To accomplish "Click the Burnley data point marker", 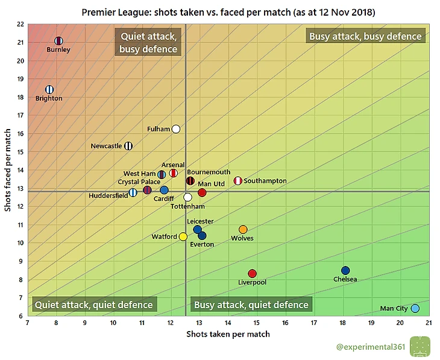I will tap(58, 41).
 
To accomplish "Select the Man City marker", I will tap(415, 309).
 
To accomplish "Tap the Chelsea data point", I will tap(345, 271).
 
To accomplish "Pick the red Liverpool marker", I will tap(252, 274).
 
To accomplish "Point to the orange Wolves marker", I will tap(243, 230).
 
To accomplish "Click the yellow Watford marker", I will tap(183, 237).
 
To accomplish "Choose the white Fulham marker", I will tap(176, 129).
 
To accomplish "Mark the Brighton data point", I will tap(49, 90).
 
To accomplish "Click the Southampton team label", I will tap(265, 181).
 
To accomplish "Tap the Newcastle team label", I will tap(106, 146).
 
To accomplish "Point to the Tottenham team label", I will tap(187, 206).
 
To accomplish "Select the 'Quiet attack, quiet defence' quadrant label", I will tap(95, 305).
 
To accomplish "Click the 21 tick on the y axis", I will tap(20, 42).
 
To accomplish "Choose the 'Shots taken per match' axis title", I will tap(228, 334).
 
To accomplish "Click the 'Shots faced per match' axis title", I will tap(8, 170).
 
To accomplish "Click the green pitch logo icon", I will tap(420, 347).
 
